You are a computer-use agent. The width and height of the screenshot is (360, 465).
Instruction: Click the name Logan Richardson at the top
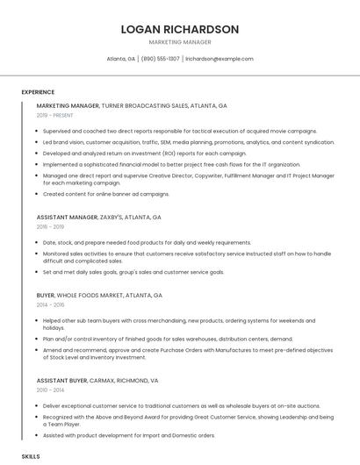[x=179, y=29]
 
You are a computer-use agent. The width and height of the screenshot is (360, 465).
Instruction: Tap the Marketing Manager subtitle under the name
[x=179, y=42]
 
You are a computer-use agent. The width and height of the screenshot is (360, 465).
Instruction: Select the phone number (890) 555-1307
[x=160, y=59]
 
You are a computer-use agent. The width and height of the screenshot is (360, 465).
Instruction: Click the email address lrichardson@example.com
[x=220, y=59]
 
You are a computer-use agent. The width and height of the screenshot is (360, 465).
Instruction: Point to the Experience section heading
[x=38, y=92]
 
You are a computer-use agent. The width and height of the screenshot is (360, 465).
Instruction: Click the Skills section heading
[x=31, y=457]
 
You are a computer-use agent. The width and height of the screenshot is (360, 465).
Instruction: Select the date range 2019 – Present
[x=54, y=115]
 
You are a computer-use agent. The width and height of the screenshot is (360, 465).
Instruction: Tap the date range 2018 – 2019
[x=51, y=226]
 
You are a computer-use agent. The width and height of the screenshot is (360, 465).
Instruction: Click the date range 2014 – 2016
[x=51, y=305]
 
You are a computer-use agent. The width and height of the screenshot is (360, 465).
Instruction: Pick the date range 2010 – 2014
[x=51, y=390]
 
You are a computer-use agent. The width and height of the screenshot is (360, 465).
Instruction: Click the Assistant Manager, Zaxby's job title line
[x=99, y=217]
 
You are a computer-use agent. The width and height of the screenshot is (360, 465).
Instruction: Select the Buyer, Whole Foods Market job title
[x=99, y=296]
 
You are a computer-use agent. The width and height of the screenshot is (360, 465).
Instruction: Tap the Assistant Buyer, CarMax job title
[x=97, y=381]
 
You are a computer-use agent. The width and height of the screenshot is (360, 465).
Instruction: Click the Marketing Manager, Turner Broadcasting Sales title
[x=132, y=105]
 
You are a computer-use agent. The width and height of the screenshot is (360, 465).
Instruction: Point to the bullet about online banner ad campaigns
[x=105, y=194]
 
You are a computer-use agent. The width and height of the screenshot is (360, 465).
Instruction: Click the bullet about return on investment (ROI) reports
[x=144, y=153]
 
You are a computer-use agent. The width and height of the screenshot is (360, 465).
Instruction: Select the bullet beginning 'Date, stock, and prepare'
[x=146, y=242]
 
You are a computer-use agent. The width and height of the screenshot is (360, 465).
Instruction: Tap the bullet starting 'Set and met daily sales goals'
[x=133, y=272]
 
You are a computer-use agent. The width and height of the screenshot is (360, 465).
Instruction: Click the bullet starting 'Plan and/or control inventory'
[x=168, y=337]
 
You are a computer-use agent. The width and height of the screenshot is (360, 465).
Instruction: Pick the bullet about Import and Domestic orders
[x=128, y=435]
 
